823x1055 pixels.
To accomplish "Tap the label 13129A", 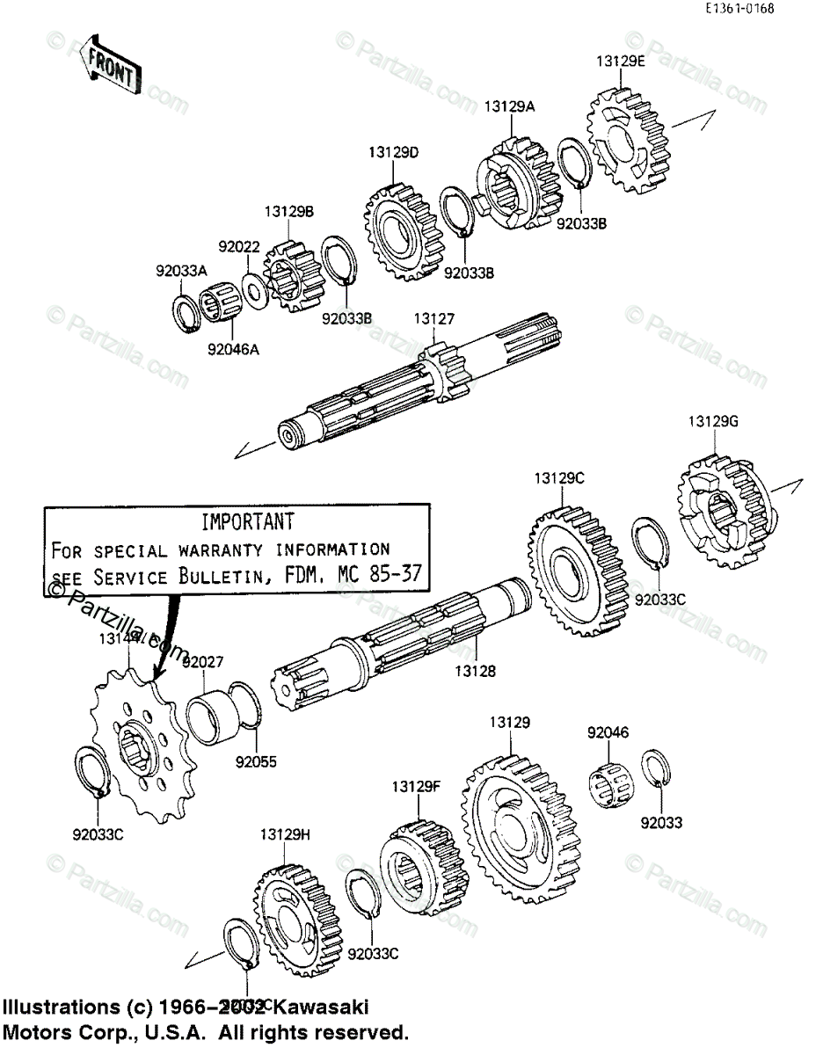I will point(509,106).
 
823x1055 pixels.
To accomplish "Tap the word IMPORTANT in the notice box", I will point(247,521).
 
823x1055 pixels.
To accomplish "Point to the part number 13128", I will point(476,671).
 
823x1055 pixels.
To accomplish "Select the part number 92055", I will point(256,762).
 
